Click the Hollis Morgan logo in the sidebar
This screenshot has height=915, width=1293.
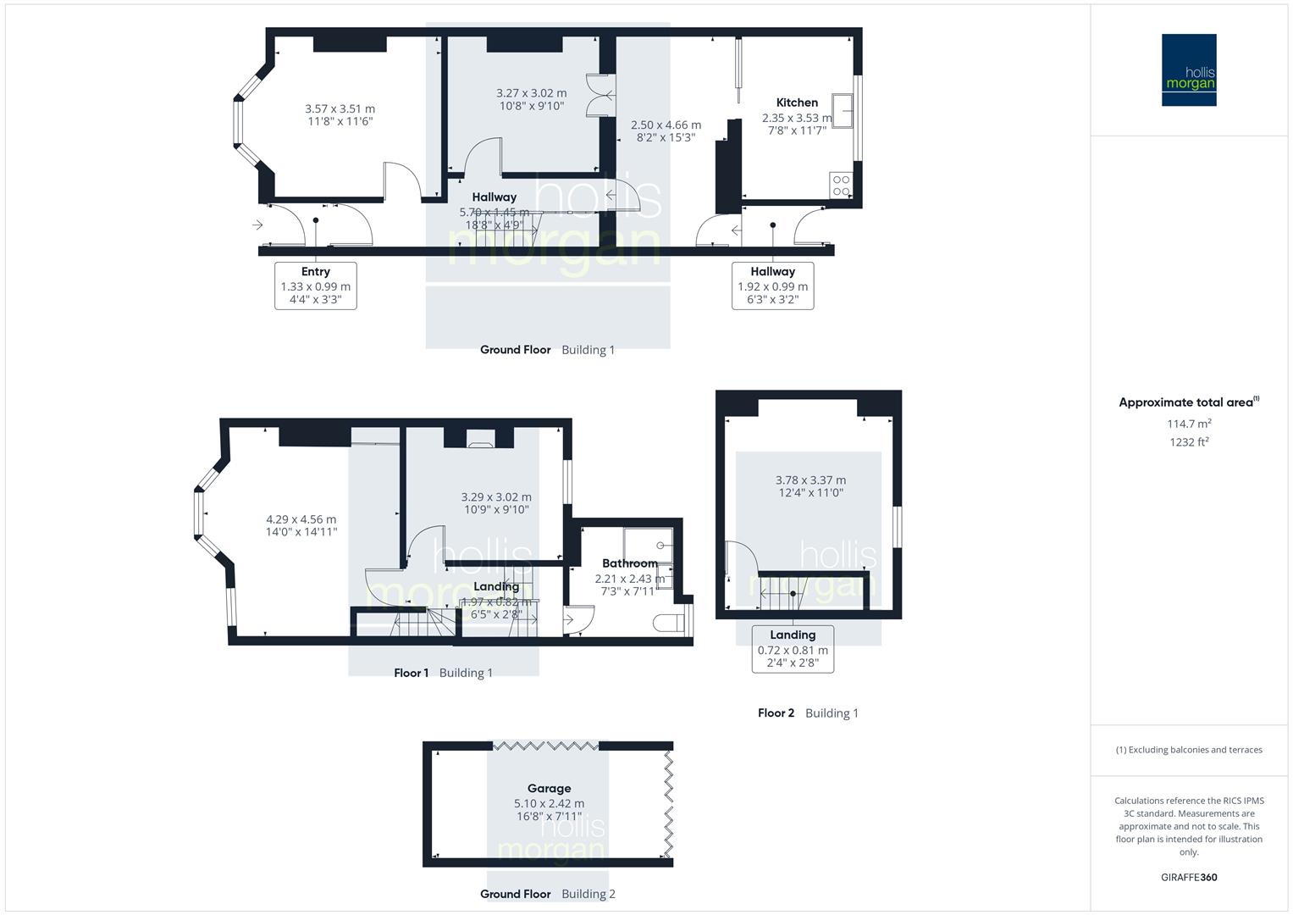pyautogui.click(x=1188, y=70)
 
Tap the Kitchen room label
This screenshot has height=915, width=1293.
pyautogui.click(x=797, y=103)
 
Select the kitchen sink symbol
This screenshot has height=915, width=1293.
pyautogui.click(x=842, y=110)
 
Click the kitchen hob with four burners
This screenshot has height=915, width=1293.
pyautogui.click(x=841, y=186)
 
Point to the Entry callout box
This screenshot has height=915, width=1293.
pyautogui.click(x=315, y=286)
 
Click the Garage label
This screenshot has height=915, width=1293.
pyautogui.click(x=549, y=788)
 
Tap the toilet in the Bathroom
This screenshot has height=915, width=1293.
pyautogui.click(x=671, y=623)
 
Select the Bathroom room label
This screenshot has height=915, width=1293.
pyautogui.click(x=629, y=563)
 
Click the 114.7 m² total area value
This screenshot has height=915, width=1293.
pyautogui.click(x=1188, y=424)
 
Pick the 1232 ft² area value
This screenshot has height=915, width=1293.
pyautogui.click(x=1188, y=442)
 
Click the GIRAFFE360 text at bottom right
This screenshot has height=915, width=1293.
pyautogui.click(x=1188, y=878)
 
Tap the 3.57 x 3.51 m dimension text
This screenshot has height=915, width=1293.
pyautogui.click(x=340, y=109)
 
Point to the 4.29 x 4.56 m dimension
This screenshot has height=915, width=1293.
pyautogui.click(x=301, y=519)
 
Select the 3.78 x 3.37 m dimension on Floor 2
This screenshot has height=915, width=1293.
pyautogui.click(x=810, y=480)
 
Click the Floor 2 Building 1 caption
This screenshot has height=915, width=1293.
pyautogui.click(x=808, y=713)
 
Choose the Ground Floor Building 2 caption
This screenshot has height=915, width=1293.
pyautogui.click(x=548, y=894)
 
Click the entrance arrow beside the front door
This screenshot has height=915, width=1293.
pyautogui.click(x=257, y=225)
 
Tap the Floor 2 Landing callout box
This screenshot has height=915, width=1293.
pyautogui.click(x=793, y=649)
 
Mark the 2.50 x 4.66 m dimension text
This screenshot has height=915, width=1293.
pyautogui.click(x=666, y=125)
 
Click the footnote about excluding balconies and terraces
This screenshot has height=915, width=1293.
pyautogui.click(x=1188, y=750)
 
